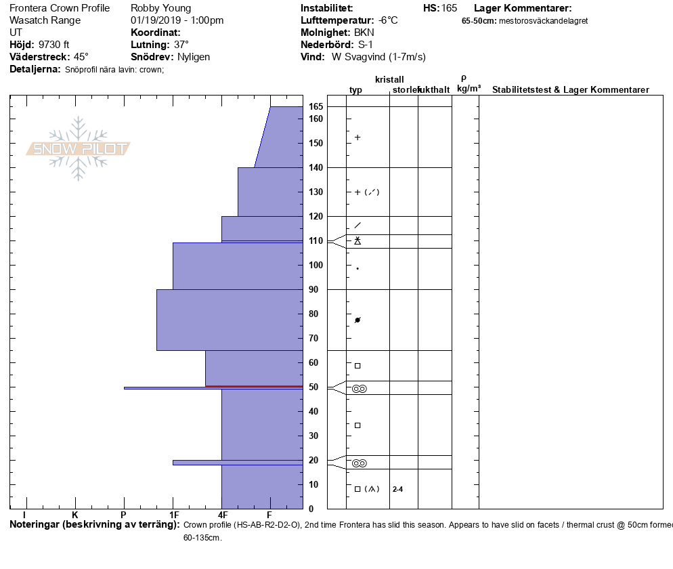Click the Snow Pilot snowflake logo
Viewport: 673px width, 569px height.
(x=79, y=148)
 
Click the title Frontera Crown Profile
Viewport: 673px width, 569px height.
(x=60, y=8)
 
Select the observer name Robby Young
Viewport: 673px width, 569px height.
(x=161, y=8)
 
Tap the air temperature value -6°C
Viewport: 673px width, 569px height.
(x=388, y=20)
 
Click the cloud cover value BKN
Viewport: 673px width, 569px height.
(x=364, y=33)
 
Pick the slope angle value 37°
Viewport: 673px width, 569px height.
(x=181, y=45)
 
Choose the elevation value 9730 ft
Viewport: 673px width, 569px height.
(x=54, y=45)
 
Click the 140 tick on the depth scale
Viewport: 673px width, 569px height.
(x=316, y=167)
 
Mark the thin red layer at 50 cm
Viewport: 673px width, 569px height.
(x=254, y=386)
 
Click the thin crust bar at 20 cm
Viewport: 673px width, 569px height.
(x=237, y=463)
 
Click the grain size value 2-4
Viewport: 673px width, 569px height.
(x=397, y=489)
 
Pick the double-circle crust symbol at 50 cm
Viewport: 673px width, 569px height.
(x=359, y=389)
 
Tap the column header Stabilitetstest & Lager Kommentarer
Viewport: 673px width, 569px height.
(x=570, y=90)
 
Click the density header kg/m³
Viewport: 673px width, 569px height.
(x=469, y=89)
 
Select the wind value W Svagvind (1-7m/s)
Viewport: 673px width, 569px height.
(x=378, y=57)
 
